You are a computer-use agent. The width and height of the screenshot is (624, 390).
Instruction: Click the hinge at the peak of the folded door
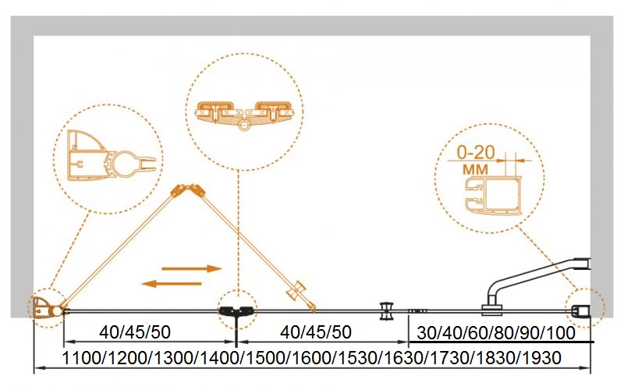186,191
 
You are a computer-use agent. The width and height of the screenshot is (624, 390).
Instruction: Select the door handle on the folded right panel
297,292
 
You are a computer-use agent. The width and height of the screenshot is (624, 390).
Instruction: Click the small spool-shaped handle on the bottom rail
386,310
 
